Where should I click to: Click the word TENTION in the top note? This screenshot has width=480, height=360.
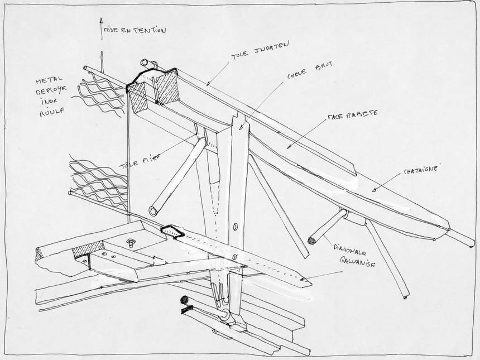coord(147,31)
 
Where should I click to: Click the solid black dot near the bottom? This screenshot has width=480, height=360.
coord(183,300)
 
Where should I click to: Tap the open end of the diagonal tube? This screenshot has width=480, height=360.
coord(153,210)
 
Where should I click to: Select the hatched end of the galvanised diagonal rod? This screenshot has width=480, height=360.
coord(311,241)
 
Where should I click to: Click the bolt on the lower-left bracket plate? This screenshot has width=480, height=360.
coord(132,242)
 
